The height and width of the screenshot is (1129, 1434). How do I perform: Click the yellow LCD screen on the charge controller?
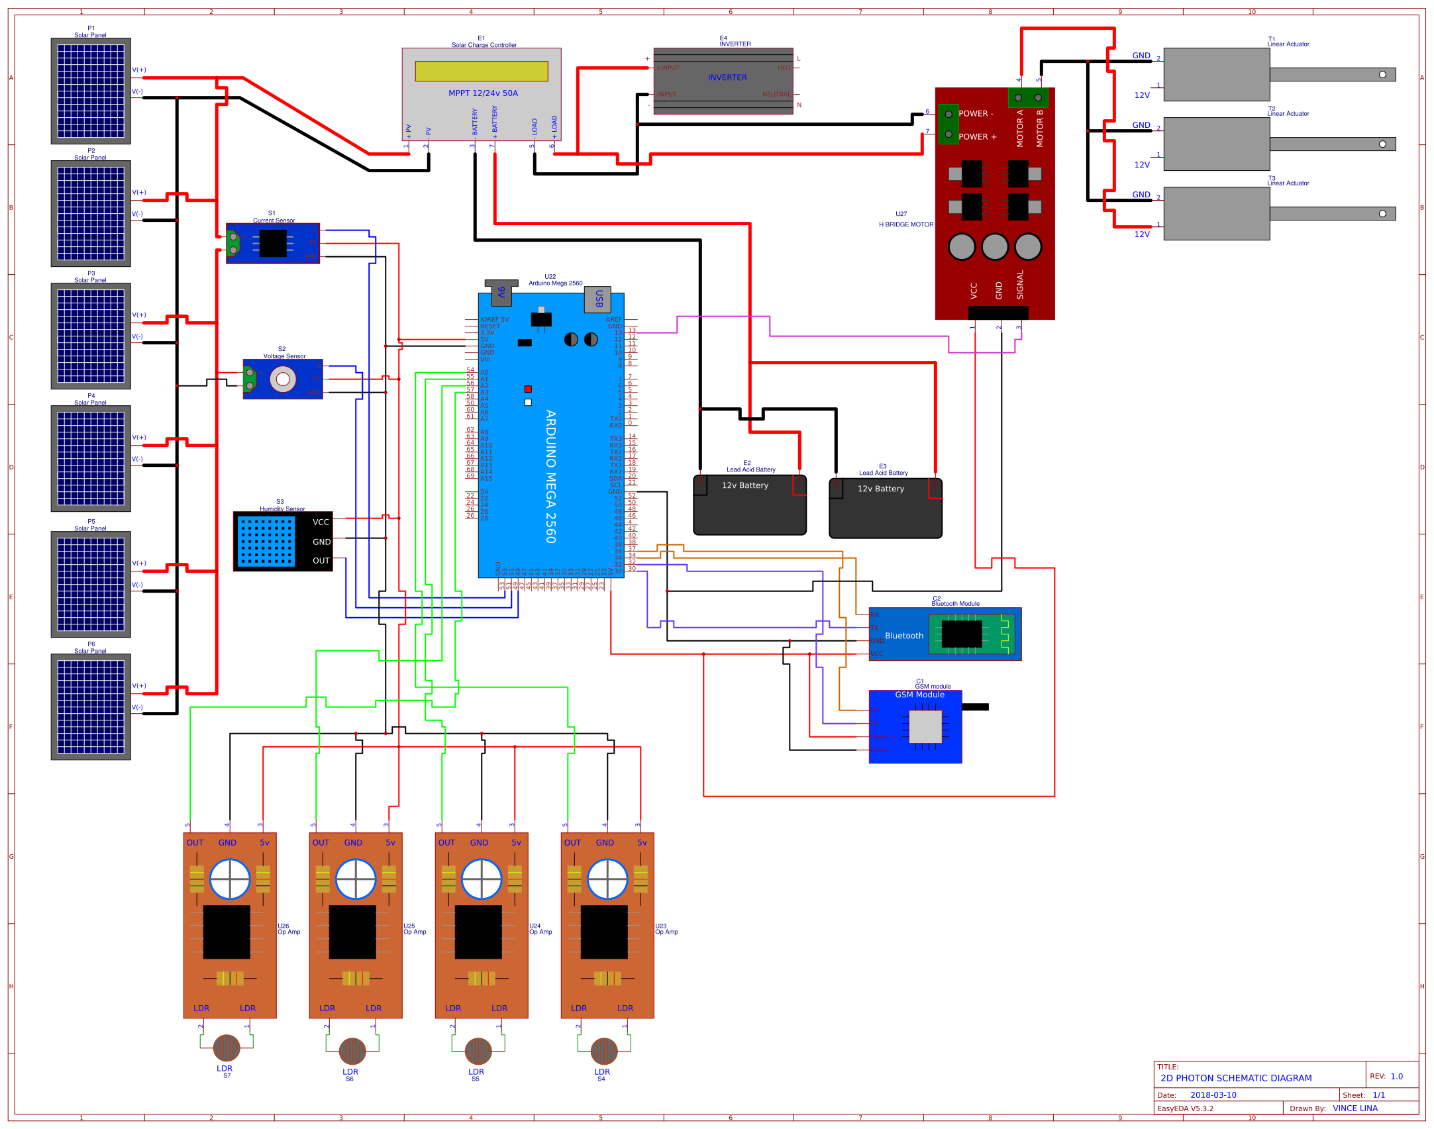click(x=481, y=71)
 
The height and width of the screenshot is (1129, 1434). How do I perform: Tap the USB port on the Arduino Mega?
click(x=597, y=299)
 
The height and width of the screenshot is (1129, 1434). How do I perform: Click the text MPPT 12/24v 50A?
click(x=483, y=93)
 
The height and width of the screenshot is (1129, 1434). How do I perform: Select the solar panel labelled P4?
click(x=91, y=458)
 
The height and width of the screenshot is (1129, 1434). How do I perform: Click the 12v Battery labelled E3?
click(x=885, y=508)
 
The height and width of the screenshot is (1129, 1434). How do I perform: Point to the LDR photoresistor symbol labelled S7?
click(x=227, y=1048)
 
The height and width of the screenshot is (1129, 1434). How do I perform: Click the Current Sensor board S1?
click(x=273, y=243)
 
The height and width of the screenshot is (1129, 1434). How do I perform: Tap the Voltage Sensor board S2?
click(x=283, y=379)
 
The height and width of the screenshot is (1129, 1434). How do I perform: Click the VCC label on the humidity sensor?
click(x=321, y=522)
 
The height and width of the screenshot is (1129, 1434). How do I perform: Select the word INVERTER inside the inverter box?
click(x=727, y=77)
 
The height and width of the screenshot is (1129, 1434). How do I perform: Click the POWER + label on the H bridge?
click(x=977, y=137)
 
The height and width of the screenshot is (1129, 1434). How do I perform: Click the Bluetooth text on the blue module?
click(x=903, y=636)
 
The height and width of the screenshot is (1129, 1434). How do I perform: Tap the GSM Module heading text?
click(x=919, y=695)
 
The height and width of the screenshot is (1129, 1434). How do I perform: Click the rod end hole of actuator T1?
click(x=1382, y=74)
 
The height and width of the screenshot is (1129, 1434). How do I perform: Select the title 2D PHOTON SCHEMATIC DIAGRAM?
click(x=1235, y=1078)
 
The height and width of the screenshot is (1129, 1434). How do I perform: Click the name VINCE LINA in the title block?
click(x=1355, y=1108)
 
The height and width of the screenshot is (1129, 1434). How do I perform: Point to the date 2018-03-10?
click(x=1213, y=1095)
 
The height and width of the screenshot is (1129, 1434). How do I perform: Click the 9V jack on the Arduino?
click(x=501, y=291)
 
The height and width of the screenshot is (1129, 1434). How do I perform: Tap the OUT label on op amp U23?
click(x=572, y=842)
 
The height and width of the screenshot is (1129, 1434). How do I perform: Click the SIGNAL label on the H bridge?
click(x=1019, y=285)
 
